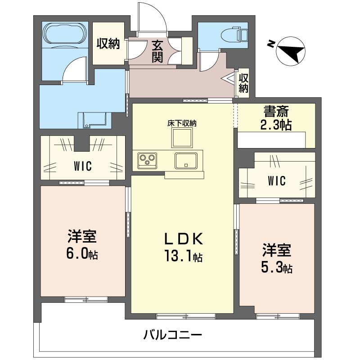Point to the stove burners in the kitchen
pos(147,159)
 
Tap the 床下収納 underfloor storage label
pos(182,123)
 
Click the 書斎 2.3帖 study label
pos(276,118)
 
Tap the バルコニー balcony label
pos(173,335)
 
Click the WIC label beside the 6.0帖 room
pos(83,166)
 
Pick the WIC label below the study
pos(276,181)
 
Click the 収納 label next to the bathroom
pos(108,44)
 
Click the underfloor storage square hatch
pos(182,138)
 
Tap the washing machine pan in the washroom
pos(94,120)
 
